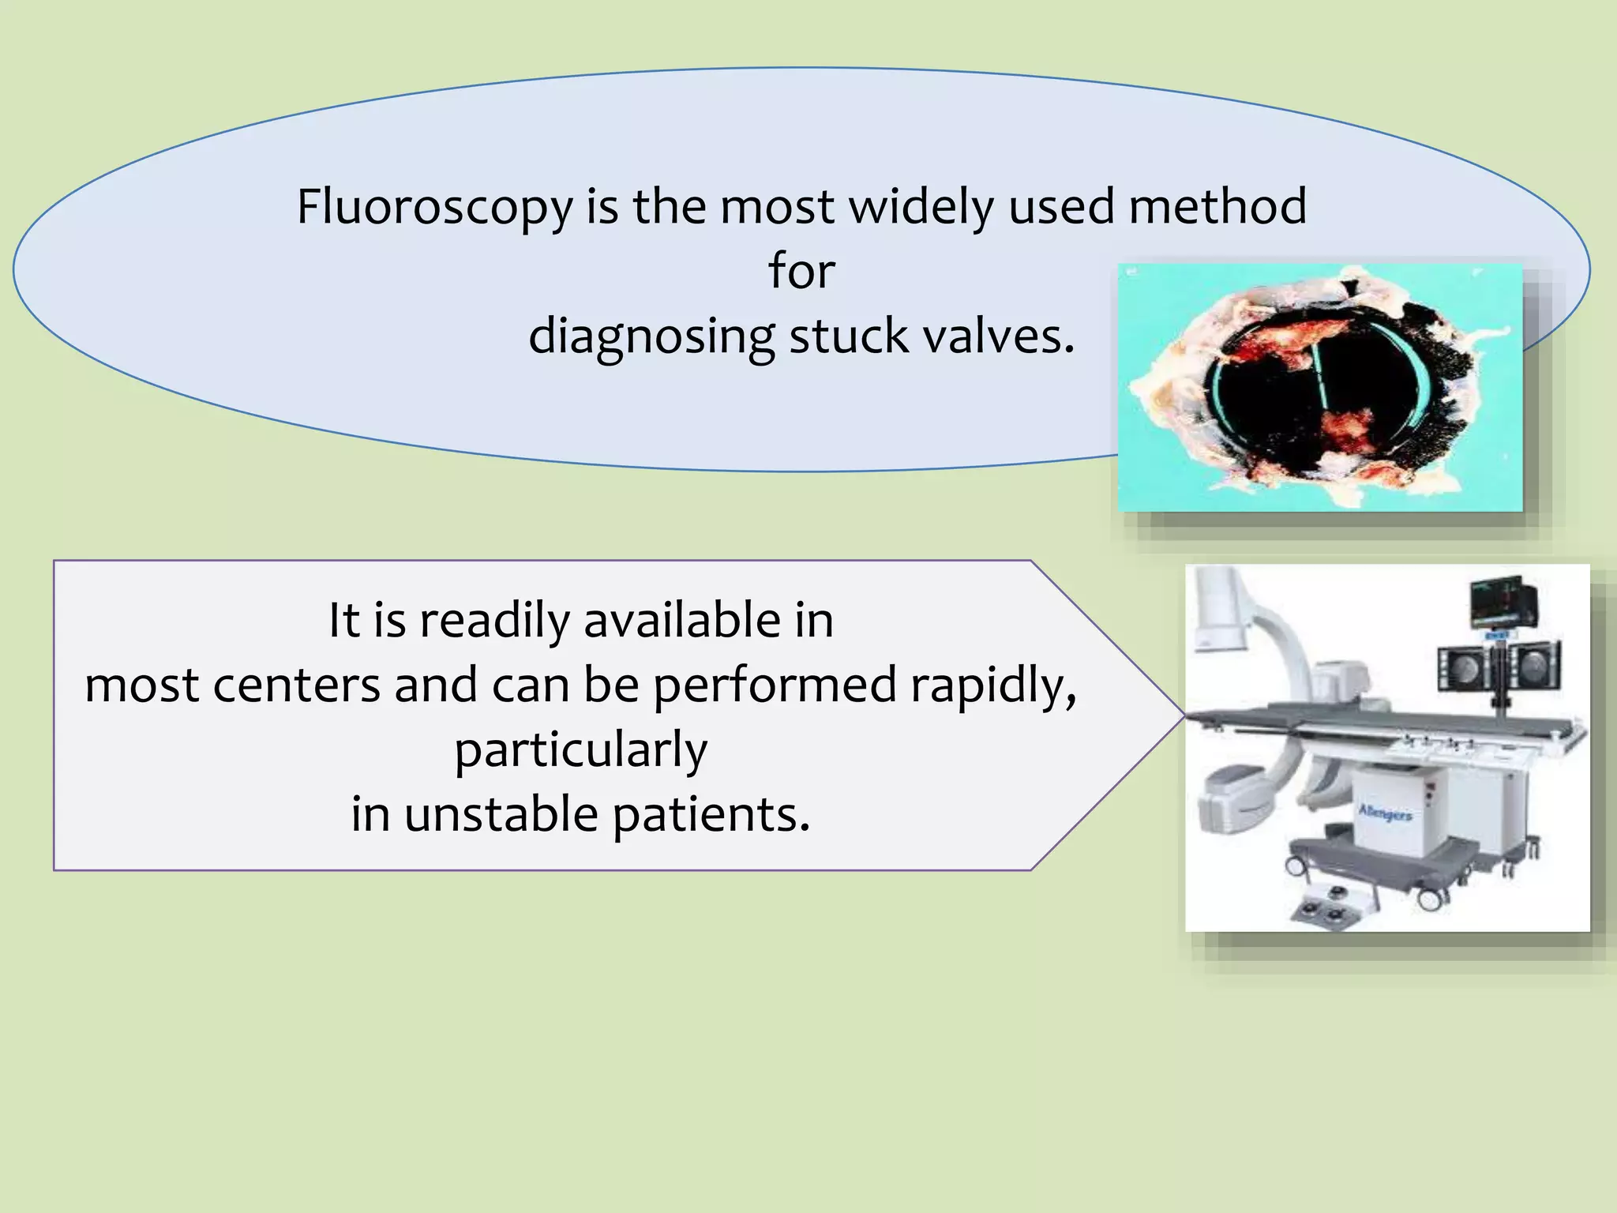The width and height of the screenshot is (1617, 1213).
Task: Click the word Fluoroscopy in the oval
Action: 434,208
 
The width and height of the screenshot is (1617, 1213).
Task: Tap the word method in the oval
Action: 1217,207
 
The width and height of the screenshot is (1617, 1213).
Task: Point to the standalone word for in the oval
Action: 801,271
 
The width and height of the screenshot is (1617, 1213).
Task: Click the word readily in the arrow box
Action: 494,622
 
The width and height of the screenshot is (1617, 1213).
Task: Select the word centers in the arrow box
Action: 297,685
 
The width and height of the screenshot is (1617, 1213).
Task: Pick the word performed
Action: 775,686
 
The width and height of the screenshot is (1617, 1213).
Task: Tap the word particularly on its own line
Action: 580,750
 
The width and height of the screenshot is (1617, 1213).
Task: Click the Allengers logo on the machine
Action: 1385,813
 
